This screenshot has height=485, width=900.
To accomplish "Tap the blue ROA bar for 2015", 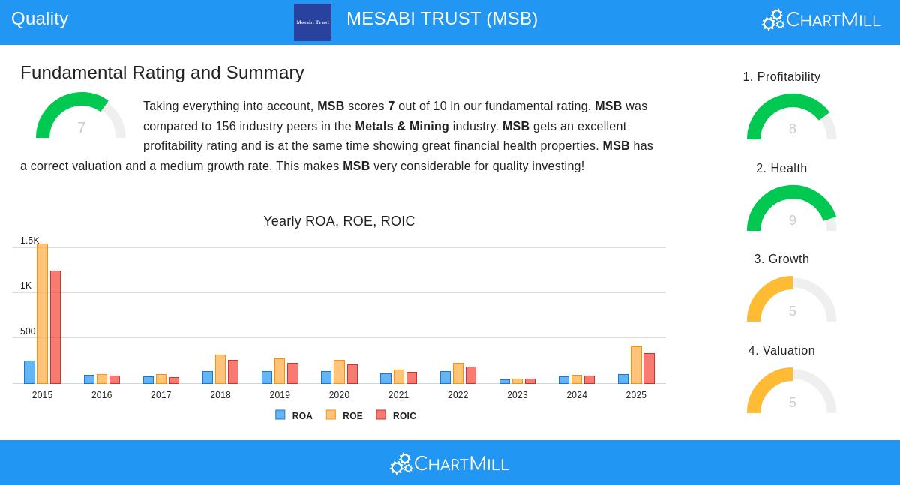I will point(29,372).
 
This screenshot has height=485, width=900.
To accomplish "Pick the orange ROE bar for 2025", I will point(636,365).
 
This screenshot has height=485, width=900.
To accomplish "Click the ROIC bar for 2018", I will point(233,372).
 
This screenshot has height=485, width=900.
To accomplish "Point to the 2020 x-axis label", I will point(339,395).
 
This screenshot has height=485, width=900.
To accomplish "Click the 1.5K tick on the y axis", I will point(29,241).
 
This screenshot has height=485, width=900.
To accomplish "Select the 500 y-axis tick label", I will point(28,331).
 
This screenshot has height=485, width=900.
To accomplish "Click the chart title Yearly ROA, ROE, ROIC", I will point(339,221).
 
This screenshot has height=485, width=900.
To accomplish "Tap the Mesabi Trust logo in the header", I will point(313,22).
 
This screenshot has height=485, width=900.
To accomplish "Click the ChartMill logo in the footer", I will point(449,464).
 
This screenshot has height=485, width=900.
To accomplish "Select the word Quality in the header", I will point(40,19).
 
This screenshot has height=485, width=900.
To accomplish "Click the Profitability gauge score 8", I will point(792,129).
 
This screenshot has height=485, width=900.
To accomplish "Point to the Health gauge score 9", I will point(792,220).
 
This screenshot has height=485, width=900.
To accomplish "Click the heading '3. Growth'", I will point(781,259).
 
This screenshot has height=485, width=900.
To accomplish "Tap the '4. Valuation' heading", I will point(781,351).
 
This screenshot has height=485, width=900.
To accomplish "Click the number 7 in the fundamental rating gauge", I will point(81,128).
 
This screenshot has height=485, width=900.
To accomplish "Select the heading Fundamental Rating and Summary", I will point(162,73).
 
